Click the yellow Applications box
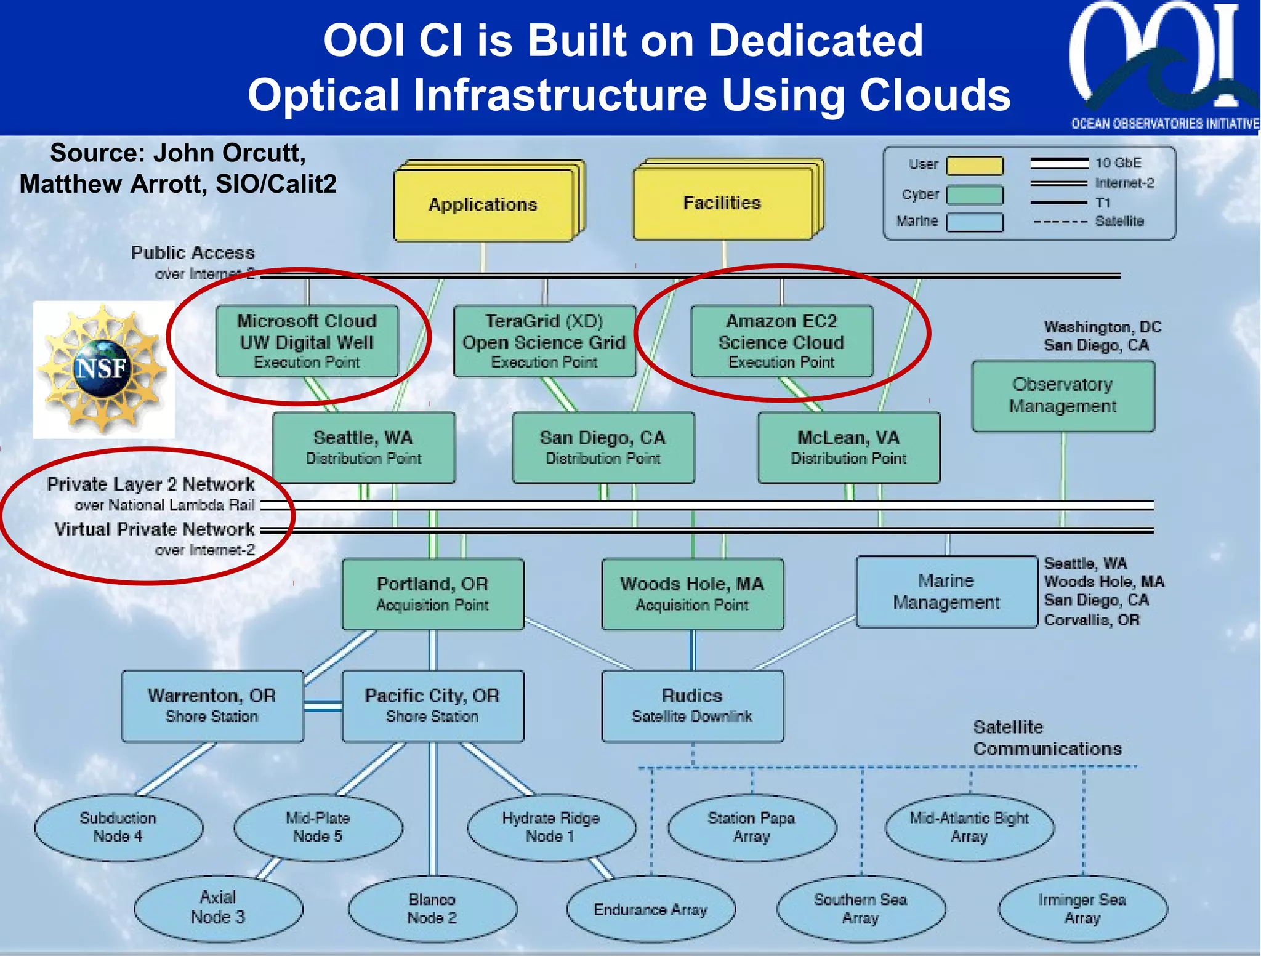(483, 205)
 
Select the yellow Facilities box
(722, 203)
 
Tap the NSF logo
(103, 369)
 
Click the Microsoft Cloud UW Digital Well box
(307, 341)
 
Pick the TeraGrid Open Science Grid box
(544, 341)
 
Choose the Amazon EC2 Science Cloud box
(781, 341)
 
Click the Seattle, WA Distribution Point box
(363, 448)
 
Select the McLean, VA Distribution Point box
(848, 448)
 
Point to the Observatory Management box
(1063, 396)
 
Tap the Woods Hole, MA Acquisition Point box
(692, 594)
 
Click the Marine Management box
(946, 592)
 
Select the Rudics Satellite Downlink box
(692, 706)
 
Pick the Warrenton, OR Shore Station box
(212, 706)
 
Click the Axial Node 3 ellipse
(218, 907)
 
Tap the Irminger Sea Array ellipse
(1082, 909)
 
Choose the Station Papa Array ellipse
(751, 827)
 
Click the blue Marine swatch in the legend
(974, 222)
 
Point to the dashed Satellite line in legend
(1060, 222)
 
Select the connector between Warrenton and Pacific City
(323, 706)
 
